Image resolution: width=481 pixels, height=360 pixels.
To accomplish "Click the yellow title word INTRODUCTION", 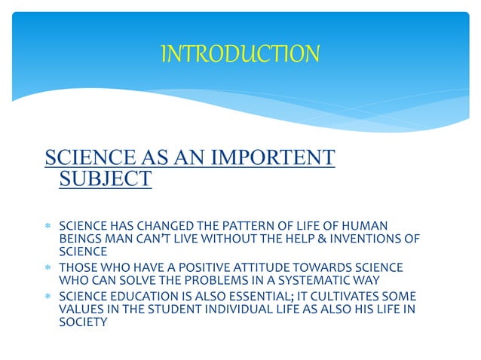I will pyautogui.click(x=240, y=53).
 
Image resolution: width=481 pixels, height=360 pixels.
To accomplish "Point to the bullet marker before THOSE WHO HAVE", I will pyautogui.click(x=49, y=269).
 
